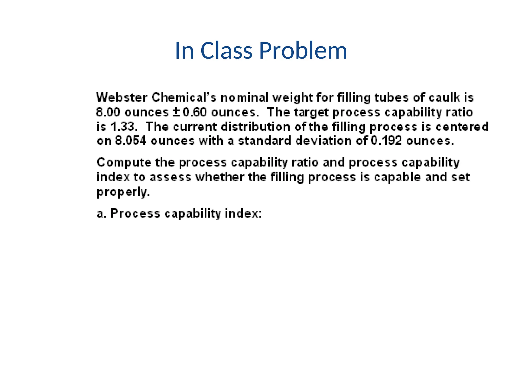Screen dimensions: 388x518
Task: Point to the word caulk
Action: point(444,98)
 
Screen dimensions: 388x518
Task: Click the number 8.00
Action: point(108,112)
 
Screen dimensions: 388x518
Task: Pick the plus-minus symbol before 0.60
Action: point(176,112)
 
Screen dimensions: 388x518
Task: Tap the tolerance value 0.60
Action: point(195,112)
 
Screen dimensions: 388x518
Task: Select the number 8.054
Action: point(131,141)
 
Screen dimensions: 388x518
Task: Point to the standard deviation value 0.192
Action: point(386,141)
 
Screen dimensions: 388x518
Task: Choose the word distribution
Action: point(256,127)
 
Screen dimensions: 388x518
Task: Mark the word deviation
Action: point(323,141)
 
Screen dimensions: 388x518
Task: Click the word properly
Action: point(123,192)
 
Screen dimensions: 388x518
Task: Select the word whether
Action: point(219,177)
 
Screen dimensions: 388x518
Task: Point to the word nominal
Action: point(245,98)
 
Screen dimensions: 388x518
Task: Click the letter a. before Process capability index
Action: point(101,213)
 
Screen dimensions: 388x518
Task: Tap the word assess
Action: point(170,177)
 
